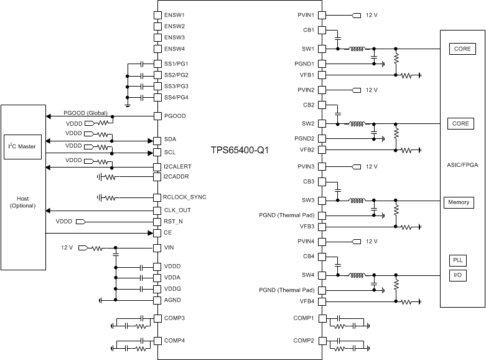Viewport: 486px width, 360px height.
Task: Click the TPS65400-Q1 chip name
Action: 240,151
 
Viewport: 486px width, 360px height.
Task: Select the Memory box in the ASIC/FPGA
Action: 457,202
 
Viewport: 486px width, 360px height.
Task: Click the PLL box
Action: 457,260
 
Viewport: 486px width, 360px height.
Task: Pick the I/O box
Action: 457,275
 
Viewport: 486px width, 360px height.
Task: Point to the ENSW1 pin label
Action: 175,14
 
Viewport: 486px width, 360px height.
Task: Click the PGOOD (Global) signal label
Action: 85,113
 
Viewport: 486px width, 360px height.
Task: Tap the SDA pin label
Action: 170,140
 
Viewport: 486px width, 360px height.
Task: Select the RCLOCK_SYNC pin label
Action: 184,197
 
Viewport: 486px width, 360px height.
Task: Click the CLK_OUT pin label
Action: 177,210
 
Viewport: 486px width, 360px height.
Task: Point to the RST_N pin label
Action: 174,221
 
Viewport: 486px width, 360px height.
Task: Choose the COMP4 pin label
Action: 174,340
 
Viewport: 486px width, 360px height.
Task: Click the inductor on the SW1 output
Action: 357,49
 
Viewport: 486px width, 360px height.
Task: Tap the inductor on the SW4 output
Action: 357,275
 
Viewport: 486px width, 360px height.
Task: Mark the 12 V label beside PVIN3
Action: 372,166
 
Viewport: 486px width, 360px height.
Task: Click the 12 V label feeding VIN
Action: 67,247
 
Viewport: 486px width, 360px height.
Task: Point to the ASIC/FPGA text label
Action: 462,164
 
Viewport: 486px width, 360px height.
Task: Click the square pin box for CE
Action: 157,233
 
